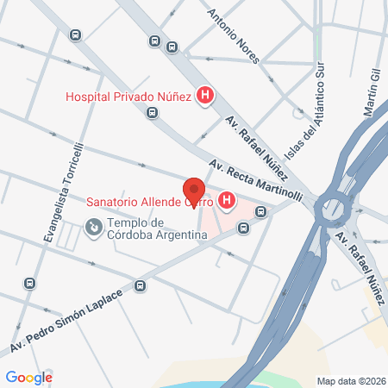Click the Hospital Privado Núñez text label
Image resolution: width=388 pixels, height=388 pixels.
(x=128, y=97)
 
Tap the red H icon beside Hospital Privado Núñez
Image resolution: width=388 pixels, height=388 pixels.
(x=205, y=96)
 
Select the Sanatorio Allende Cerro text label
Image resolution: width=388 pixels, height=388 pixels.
(x=150, y=203)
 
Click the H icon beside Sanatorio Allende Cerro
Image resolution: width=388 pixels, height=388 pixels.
(x=227, y=203)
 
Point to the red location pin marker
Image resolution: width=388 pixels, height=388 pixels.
(x=194, y=191)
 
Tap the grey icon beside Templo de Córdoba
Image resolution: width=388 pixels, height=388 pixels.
(x=92, y=227)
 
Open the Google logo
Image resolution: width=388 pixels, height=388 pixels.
(x=28, y=377)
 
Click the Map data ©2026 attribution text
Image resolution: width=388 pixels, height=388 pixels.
(x=351, y=380)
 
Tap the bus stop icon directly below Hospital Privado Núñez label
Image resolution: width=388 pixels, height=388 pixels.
(x=153, y=112)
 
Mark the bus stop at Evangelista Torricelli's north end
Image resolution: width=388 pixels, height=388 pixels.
(x=75, y=35)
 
